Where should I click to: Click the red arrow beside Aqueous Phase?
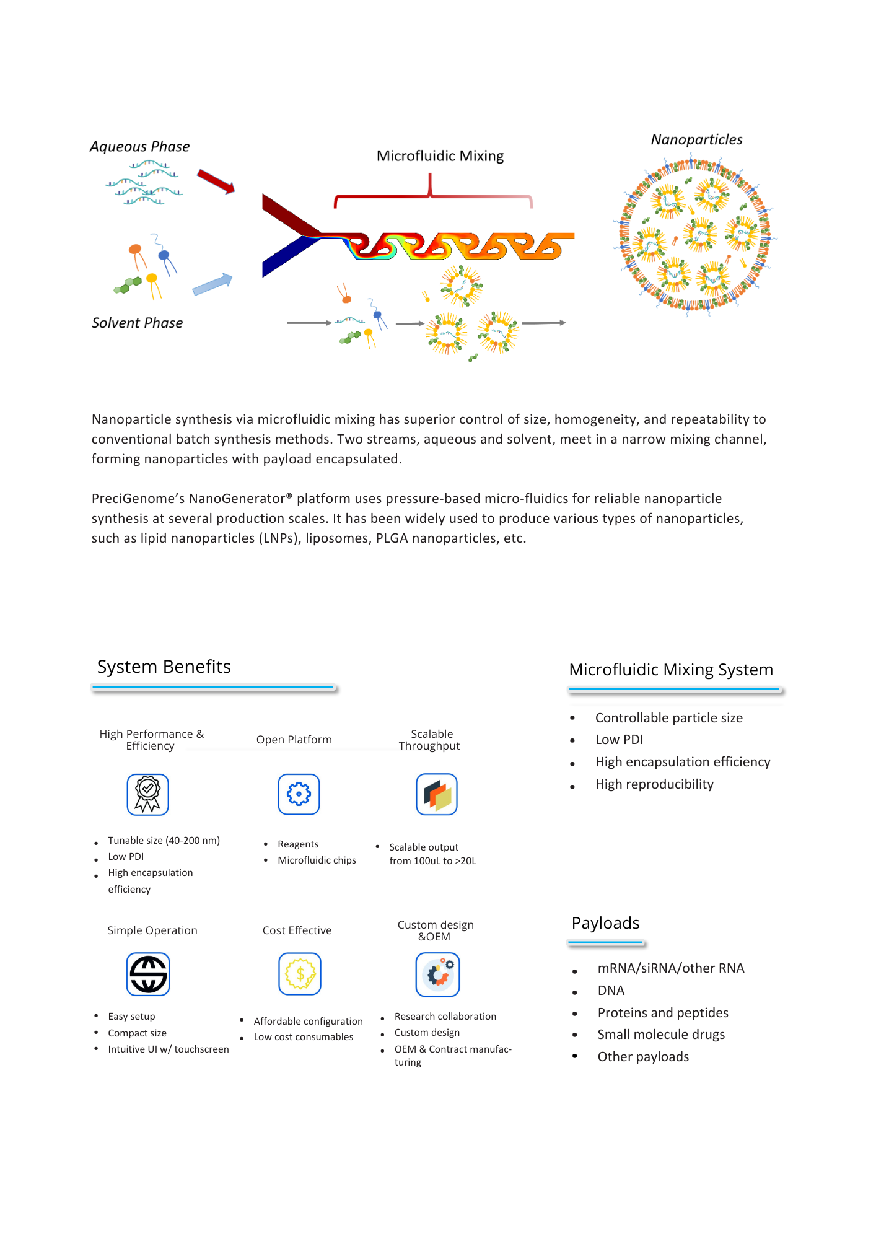216,181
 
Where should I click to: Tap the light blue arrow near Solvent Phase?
212,284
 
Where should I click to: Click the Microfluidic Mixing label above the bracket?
440,156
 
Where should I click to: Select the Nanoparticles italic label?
696,140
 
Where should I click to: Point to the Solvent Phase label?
137,323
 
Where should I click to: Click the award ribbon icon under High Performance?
148,794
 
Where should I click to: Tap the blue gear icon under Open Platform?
299,794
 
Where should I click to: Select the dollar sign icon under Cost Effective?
300,974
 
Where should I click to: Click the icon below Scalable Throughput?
437,794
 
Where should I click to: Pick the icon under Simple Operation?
148,974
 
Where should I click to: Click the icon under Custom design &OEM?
437,974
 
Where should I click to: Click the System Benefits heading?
164,667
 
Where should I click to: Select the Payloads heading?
605,923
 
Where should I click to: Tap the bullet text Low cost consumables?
304,1037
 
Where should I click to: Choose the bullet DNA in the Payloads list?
611,991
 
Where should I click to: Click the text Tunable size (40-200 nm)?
164,841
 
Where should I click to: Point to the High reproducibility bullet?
654,784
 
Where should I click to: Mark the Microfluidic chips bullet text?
317,860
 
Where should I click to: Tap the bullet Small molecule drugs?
661,1035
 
